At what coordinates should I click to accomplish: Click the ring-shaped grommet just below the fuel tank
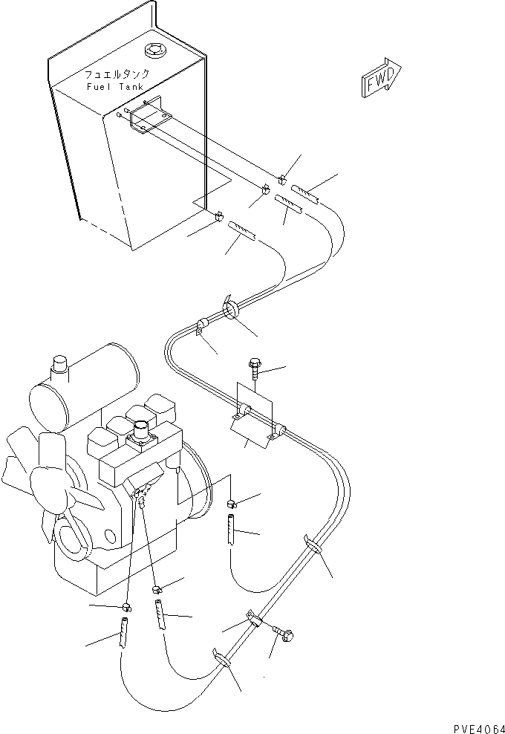pos(229,309)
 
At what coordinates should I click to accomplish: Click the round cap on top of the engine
pos(139,431)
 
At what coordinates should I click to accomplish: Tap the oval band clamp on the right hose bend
pos(313,547)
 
